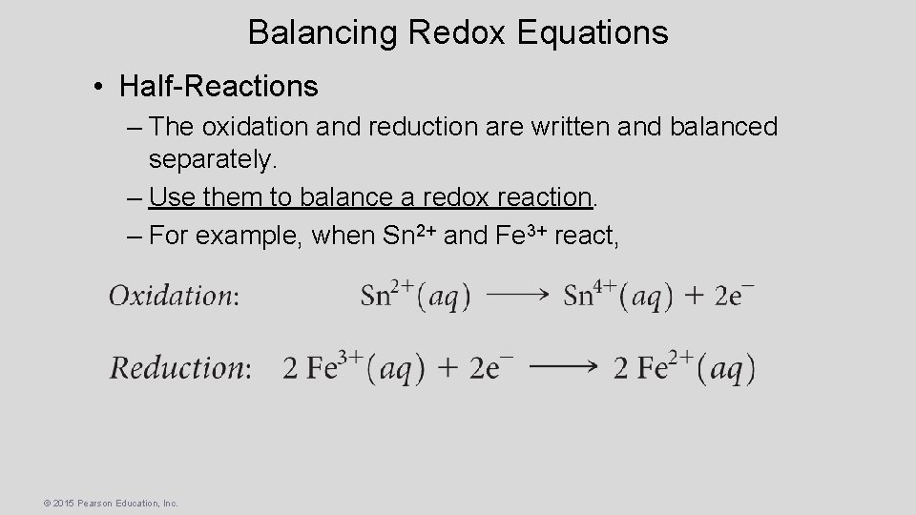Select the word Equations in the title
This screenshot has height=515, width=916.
coord(593,32)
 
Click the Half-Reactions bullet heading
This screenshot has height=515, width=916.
coord(219,87)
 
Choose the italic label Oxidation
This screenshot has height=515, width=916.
coord(173,296)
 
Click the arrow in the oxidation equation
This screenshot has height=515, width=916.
coord(518,296)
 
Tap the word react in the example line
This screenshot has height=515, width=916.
coord(584,236)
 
